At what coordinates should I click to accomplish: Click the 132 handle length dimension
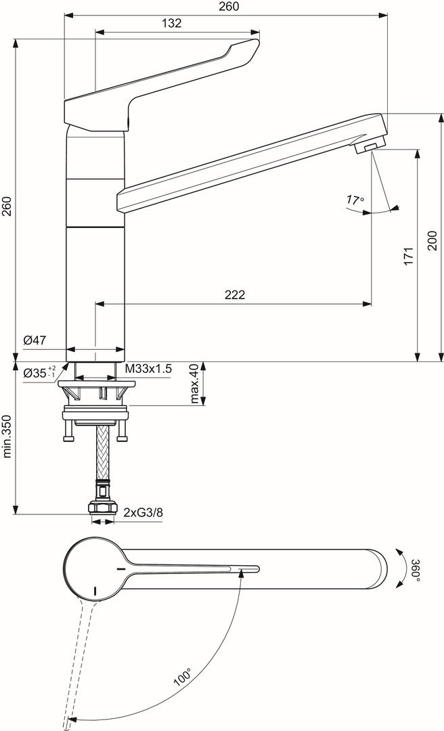(x=172, y=23)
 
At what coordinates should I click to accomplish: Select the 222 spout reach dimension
(x=235, y=294)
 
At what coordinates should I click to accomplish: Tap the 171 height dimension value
(x=409, y=257)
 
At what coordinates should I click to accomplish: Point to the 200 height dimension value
(x=432, y=240)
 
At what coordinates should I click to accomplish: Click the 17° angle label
(x=355, y=200)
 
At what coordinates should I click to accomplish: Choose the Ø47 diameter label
(x=35, y=340)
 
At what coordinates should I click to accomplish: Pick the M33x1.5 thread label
(x=148, y=369)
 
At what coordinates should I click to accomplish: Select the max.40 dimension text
(x=195, y=383)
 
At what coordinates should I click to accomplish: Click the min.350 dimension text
(x=7, y=437)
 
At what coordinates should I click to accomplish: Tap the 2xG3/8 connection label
(x=143, y=513)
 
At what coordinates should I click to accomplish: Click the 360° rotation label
(x=415, y=570)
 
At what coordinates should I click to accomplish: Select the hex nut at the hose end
(x=103, y=507)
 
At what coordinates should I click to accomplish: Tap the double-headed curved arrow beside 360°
(x=402, y=570)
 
